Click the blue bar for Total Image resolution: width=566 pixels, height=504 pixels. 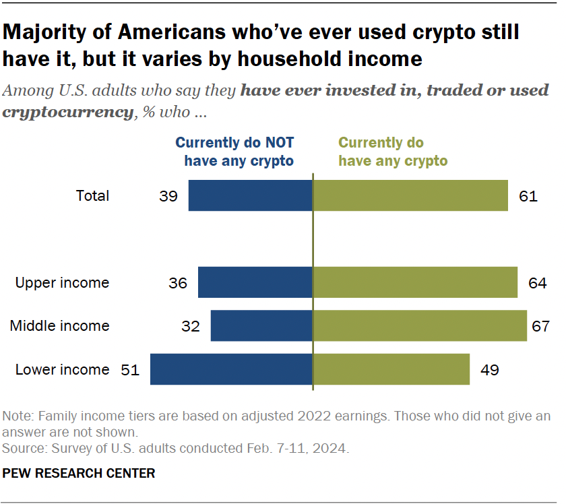click(250, 196)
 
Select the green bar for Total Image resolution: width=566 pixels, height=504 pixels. click(410, 196)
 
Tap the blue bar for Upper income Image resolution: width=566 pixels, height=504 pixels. click(255, 282)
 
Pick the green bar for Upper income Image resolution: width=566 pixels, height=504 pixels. click(415, 282)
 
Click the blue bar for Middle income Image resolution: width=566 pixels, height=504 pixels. click(261, 325)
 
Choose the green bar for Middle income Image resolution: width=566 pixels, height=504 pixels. click(420, 325)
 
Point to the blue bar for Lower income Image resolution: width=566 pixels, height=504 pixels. click(231, 369)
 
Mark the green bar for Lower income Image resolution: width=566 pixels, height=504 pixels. click(391, 369)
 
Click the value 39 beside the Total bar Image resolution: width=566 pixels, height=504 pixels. click(168, 196)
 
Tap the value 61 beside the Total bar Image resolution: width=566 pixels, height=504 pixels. click(528, 196)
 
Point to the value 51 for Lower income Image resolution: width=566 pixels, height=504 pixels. click(130, 369)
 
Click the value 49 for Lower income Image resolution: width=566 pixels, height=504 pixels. click(489, 369)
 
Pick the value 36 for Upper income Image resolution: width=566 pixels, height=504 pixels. click(178, 282)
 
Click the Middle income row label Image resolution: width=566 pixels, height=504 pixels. click(59, 325)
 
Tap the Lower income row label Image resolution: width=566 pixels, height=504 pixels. click(62, 369)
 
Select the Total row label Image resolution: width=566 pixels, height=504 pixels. click(92, 196)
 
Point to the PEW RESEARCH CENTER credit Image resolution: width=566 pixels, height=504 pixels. click(79, 474)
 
